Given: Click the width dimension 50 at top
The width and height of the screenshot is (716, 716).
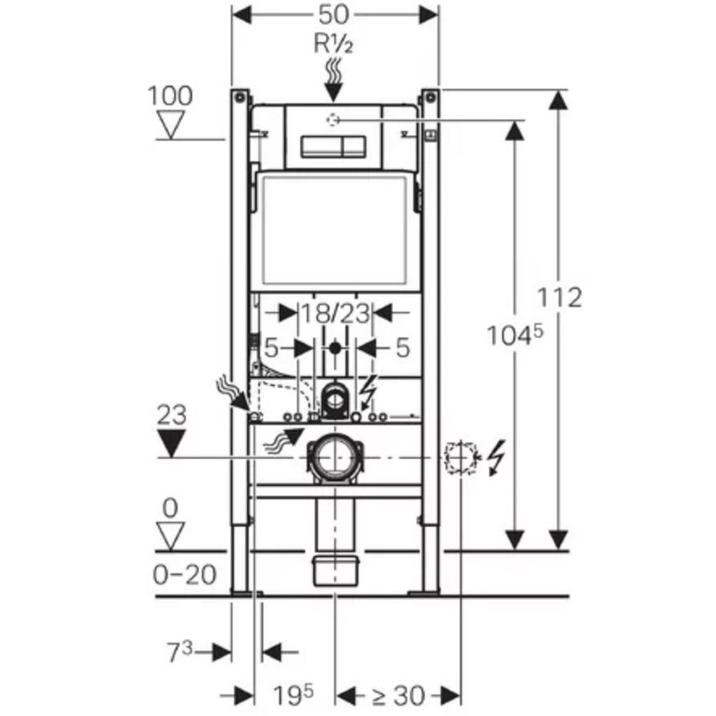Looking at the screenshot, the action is [334, 14].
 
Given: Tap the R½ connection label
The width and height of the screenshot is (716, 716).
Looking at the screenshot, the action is [334, 44].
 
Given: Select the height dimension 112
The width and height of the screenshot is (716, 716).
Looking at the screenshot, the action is [559, 297].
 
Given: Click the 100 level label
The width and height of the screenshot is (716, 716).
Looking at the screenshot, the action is [170, 96].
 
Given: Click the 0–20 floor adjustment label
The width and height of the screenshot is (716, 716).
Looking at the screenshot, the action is [185, 575].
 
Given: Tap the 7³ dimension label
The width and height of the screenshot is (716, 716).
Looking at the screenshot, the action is [180, 652].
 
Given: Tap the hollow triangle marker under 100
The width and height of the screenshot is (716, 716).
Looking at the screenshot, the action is [171, 125].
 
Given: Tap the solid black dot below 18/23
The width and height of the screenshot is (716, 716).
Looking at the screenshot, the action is [335, 348].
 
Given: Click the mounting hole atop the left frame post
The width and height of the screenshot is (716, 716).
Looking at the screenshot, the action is [239, 97].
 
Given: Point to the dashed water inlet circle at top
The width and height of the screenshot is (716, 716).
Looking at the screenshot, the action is [333, 120].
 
